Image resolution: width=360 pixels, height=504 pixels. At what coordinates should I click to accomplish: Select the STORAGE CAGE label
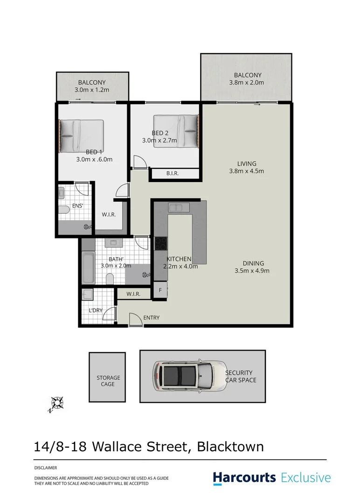108,381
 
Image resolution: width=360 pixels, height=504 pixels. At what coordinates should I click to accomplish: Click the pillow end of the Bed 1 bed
66,136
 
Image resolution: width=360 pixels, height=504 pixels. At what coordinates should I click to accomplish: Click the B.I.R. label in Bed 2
173,174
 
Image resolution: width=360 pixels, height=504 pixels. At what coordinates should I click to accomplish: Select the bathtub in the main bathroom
88,268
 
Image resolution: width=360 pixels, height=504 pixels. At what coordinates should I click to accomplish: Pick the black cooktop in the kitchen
161,244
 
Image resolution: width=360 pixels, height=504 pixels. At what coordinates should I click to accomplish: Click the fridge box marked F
160,290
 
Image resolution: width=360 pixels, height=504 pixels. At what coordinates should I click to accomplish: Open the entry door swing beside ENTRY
135,320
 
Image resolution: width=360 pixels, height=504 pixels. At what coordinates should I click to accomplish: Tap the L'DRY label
95,310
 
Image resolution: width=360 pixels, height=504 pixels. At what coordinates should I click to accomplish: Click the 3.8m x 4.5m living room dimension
247,171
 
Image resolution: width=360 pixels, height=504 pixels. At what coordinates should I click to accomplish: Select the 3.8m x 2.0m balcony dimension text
247,83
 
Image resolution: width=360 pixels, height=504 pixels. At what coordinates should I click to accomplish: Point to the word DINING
253,263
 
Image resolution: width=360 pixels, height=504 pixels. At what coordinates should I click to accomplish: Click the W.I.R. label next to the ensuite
109,215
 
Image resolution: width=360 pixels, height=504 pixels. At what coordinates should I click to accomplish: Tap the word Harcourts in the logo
245,478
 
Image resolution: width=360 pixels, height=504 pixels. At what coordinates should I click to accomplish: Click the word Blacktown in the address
230,447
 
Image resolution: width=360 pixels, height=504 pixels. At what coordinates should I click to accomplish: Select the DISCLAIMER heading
46,467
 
